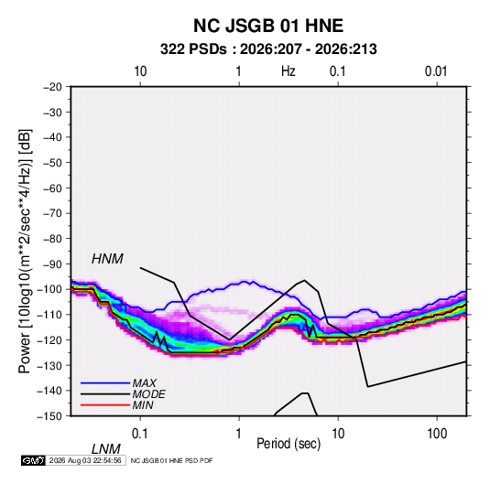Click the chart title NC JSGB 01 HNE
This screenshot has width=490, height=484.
pos(268,26)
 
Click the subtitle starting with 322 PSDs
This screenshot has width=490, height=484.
pos(268,49)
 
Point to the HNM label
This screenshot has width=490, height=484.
pos(107,259)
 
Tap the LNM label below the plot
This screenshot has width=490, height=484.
pos(105,449)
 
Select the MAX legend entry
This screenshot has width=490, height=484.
pos(144,382)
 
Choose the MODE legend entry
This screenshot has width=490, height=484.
pos(148,394)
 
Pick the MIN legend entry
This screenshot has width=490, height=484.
pos(143,405)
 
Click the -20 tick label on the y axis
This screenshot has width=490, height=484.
pos(52,87)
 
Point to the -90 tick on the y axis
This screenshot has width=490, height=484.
pos(52,264)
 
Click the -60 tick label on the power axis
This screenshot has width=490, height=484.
pos(52,188)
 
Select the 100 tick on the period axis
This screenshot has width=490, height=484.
pos(437,434)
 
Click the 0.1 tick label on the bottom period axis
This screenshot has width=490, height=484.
pos(140,434)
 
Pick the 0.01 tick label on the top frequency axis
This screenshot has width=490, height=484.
pos(436,71)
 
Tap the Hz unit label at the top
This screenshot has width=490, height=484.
pos(289,71)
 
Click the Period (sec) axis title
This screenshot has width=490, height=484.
pos(289,444)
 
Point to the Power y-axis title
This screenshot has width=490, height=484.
pos(25,252)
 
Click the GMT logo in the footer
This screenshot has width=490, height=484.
pos(33,460)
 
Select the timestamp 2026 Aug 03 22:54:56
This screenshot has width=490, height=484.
pos(85,460)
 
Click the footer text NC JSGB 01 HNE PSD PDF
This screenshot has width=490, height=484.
pos(171,460)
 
